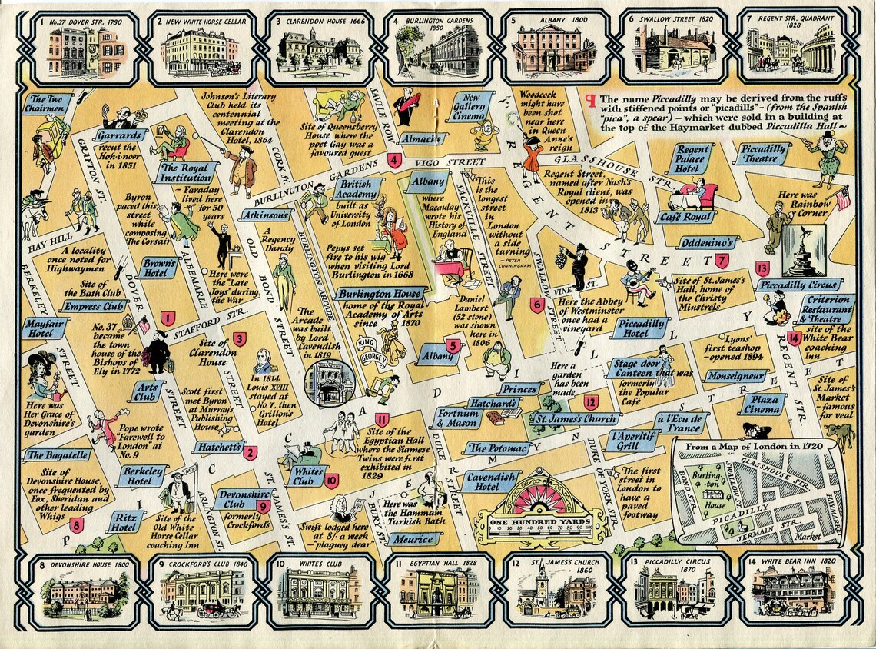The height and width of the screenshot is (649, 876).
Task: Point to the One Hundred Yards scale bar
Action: tap(541, 523)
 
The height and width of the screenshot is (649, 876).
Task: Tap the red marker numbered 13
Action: tap(762, 268)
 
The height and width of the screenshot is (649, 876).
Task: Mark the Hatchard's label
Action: tap(493, 404)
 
